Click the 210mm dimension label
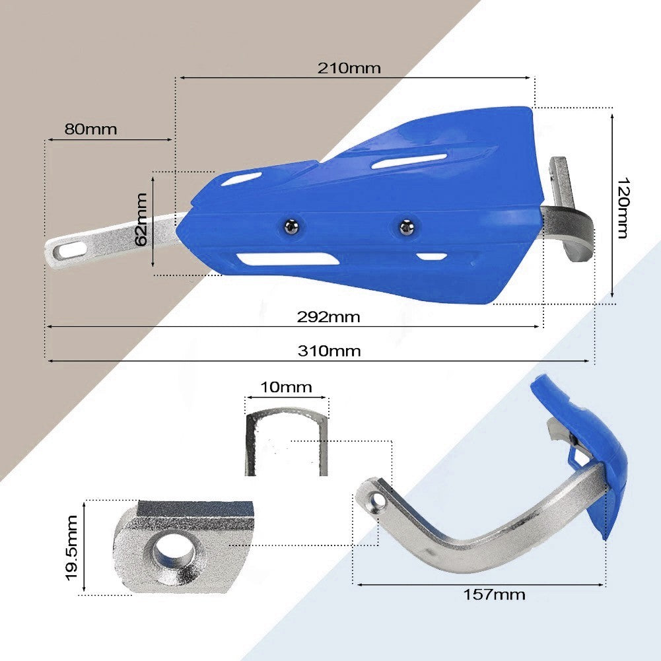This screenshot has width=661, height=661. [x=349, y=67]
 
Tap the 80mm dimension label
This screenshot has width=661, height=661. [x=90, y=129]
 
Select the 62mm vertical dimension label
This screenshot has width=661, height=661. [x=141, y=219]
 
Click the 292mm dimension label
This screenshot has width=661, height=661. [x=328, y=317]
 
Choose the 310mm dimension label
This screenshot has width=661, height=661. [x=329, y=351]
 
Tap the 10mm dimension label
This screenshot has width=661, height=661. [x=286, y=387]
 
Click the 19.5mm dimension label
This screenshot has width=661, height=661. [x=73, y=547]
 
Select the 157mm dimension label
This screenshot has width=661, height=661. [x=494, y=594]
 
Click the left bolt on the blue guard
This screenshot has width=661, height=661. [x=291, y=226]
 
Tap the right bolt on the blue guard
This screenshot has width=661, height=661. [x=405, y=227]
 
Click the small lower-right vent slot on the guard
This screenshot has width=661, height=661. [x=431, y=256]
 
